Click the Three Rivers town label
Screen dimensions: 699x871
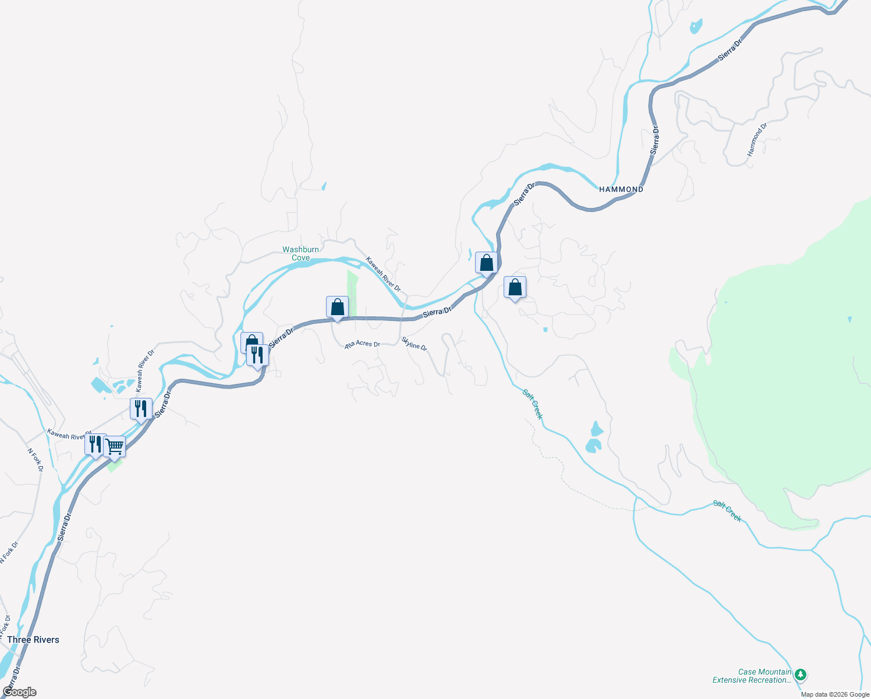pos(33,640)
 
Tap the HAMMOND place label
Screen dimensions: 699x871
pos(621,189)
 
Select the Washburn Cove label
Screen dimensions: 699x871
pos(300,253)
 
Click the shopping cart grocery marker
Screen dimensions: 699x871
pos(115,447)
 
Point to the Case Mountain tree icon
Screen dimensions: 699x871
pos(801,675)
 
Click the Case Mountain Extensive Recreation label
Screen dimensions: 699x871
pos(752,676)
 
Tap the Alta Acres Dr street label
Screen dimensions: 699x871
pos(362,344)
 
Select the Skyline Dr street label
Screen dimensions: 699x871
pos(414,344)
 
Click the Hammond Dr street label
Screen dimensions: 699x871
pos(757,139)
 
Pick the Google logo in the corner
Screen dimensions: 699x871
pos(19,692)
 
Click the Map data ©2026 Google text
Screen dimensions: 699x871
pos(835,694)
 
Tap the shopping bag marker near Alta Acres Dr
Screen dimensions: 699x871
pos(337,307)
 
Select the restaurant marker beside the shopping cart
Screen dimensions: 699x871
pos(95,444)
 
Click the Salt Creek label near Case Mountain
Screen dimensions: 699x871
pos(727,511)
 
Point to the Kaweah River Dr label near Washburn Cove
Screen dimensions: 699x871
pos(383,274)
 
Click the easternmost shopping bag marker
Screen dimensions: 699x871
pos(515,287)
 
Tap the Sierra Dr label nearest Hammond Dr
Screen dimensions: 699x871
pos(654,140)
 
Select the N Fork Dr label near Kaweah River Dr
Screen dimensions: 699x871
pos(36,459)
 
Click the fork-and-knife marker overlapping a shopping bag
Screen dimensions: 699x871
pos(257,355)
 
